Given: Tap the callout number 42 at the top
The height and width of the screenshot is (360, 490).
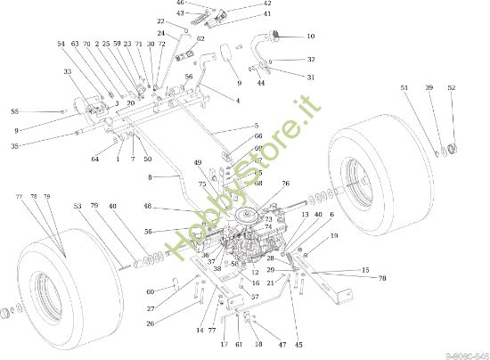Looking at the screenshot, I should [x=241, y=4].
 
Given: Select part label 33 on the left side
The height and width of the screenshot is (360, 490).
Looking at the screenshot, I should [x=68, y=71].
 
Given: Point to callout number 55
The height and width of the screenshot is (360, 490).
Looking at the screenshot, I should [x=14, y=111].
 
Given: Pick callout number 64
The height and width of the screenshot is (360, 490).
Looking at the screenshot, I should [x=94, y=160].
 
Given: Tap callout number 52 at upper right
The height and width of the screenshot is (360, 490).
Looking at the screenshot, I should [x=452, y=88].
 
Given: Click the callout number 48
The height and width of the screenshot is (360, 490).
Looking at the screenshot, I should [x=147, y=208].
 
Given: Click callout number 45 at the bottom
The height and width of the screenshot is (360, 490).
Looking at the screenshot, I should [x=298, y=345].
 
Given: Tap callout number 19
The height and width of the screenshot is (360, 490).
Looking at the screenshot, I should [x=334, y=236].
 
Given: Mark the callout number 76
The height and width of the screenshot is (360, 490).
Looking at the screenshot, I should [x=286, y=184].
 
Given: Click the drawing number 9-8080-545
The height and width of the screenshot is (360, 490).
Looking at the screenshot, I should [x=465, y=354].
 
